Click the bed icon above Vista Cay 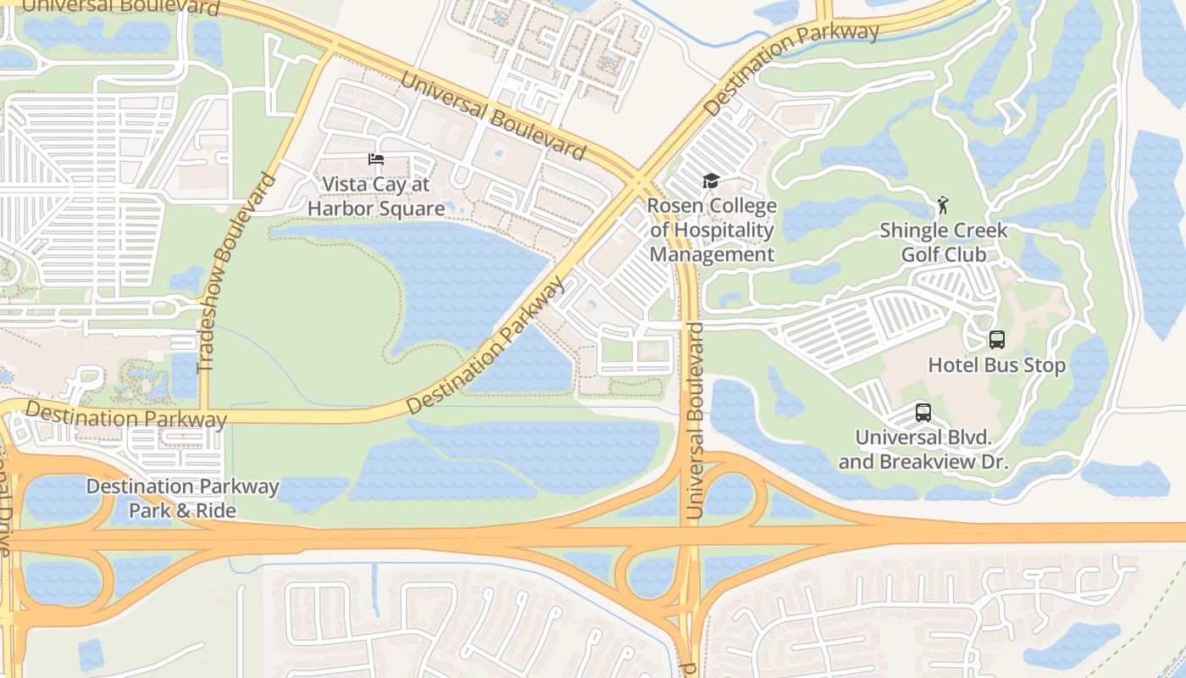coord(376,159)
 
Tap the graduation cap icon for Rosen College coord(711,181)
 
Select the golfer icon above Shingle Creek coord(943,205)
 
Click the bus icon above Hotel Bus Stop coord(997,340)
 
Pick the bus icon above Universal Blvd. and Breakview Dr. coord(923,413)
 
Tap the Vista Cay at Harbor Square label coord(376,197)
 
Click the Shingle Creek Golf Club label coord(943,242)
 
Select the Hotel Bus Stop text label coord(997,365)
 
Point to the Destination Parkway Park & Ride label coord(182,498)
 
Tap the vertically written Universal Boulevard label coord(695,420)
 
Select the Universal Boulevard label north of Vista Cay coord(492,116)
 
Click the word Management coord(712,254)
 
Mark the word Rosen coord(674,207)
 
